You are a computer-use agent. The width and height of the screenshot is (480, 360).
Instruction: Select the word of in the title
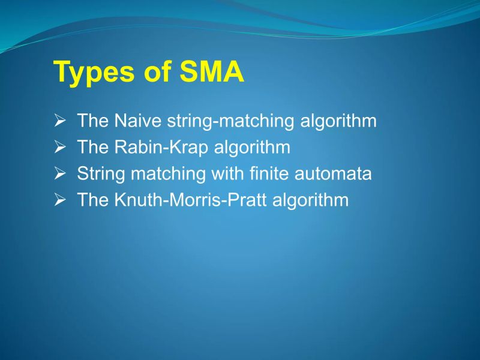click(x=156, y=73)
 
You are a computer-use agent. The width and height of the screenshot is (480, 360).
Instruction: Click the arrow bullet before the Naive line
click(x=59, y=121)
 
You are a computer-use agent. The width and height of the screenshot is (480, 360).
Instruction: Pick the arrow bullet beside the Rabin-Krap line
click(x=59, y=148)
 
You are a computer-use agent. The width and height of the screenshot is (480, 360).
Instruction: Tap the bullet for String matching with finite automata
click(x=59, y=174)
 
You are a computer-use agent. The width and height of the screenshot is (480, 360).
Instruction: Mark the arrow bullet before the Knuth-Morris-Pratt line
click(x=59, y=200)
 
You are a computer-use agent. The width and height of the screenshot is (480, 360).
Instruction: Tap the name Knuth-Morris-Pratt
click(x=190, y=200)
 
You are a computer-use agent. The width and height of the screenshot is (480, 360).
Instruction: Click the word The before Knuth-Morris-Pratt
click(x=92, y=200)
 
